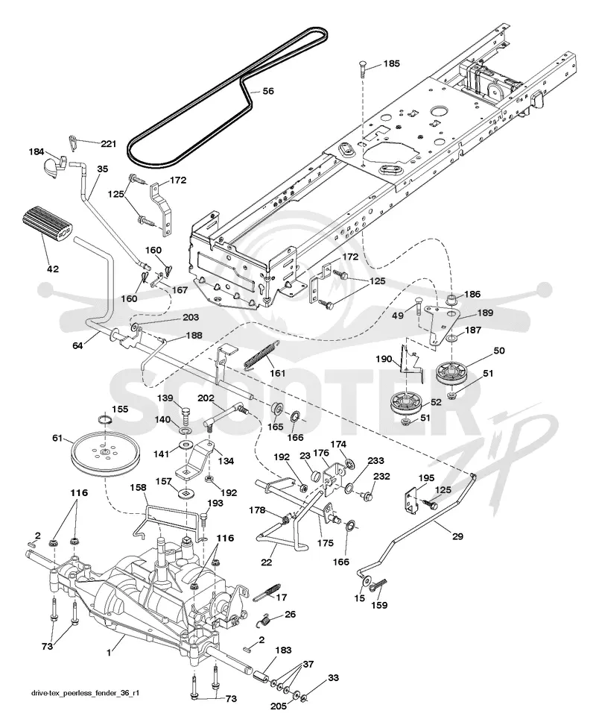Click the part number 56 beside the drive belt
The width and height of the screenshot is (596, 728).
point(268,91)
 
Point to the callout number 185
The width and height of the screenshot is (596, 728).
point(391,63)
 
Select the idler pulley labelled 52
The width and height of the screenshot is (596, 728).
point(405,405)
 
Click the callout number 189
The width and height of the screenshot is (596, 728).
point(485,313)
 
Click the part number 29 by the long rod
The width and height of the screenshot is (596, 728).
point(457,536)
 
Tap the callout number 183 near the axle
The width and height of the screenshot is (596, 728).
point(283,650)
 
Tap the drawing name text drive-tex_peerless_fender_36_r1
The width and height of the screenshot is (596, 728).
point(86,693)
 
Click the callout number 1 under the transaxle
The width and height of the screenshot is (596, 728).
point(109,653)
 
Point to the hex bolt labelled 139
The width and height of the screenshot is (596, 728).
point(185,415)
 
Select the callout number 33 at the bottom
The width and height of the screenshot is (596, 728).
point(334,678)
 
